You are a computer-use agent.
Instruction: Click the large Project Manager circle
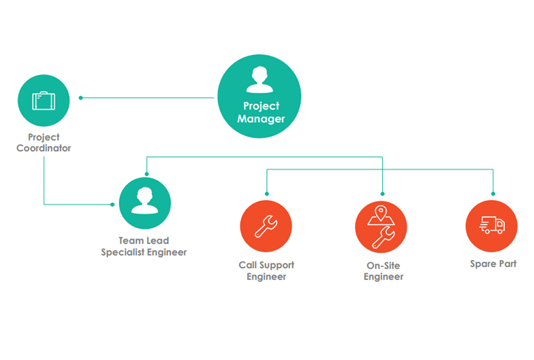260,97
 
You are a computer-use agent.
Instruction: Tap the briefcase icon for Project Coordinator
44,101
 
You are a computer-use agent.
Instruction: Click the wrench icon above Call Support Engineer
266,226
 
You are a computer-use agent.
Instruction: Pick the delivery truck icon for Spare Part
492,225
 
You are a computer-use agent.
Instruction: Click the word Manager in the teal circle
261,119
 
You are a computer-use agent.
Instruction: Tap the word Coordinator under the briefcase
44,148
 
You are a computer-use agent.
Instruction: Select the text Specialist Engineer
144,252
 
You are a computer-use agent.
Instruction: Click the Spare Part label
493,263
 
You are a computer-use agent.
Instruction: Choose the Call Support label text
267,265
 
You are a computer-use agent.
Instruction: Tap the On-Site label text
383,265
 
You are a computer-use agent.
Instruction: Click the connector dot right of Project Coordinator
81,98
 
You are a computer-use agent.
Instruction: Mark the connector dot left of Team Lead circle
112,204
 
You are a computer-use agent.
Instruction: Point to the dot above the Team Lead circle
147,174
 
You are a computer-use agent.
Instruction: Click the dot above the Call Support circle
267,193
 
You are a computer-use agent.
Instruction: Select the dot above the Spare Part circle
493,193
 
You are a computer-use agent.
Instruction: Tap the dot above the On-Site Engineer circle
383,193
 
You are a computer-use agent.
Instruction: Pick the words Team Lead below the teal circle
144,240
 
